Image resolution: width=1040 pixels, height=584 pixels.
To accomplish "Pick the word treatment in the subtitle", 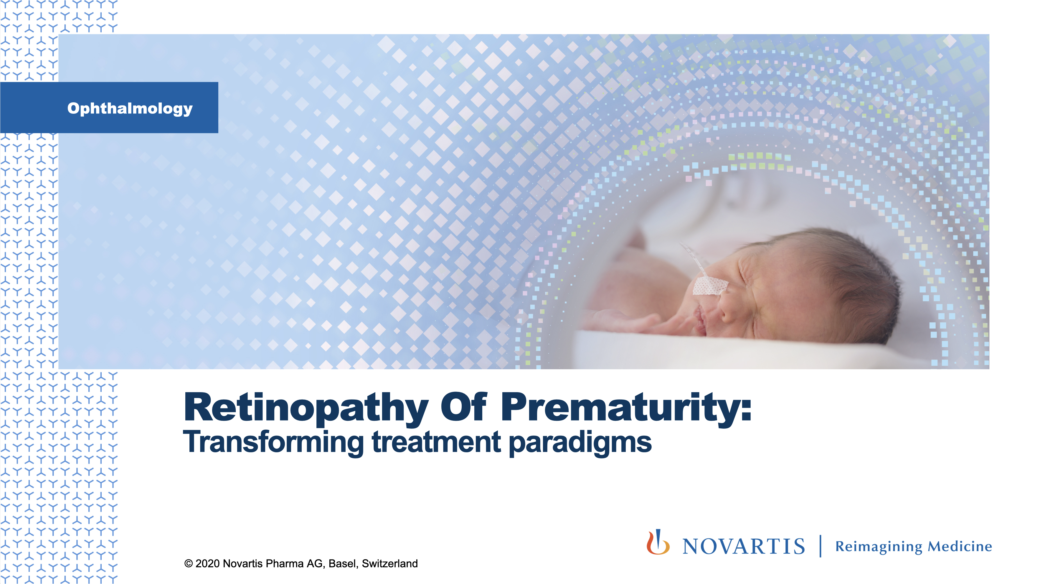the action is click(x=436, y=442).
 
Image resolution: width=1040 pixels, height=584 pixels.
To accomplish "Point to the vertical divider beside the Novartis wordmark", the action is click(x=821, y=546).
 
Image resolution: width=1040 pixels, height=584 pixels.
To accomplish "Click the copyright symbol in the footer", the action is click(x=188, y=564).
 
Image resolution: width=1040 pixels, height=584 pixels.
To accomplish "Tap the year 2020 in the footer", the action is click(x=207, y=564).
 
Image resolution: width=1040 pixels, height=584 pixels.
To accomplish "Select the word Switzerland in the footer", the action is click(x=389, y=564).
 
